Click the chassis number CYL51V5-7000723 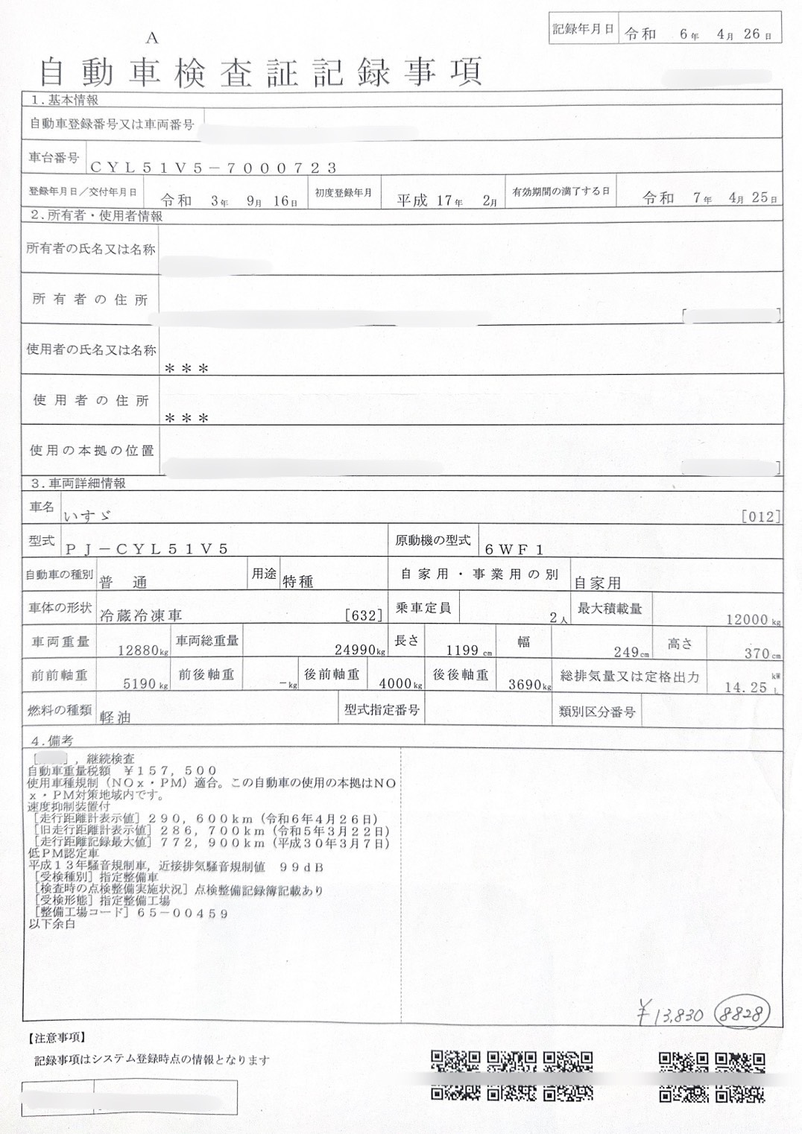(213, 168)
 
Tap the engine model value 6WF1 (514, 550)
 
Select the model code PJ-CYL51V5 (146, 549)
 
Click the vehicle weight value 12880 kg (139, 650)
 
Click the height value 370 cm (757, 653)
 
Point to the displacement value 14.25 (745, 687)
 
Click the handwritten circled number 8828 (742, 1012)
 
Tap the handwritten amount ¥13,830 (670, 1014)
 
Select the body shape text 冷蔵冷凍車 (140, 615)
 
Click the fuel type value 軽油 (115, 717)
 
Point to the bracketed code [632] (364, 615)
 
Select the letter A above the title (152, 38)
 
